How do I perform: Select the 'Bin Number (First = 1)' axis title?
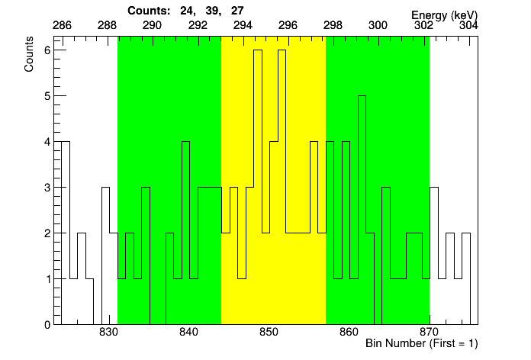[421, 343]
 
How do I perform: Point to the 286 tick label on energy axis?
[62, 25]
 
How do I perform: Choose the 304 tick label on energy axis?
[469, 25]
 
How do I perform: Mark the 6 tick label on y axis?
[47, 50]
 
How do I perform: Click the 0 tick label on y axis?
[47, 324]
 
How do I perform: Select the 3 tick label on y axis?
[47, 188]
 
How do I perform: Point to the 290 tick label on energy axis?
[153, 25]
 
